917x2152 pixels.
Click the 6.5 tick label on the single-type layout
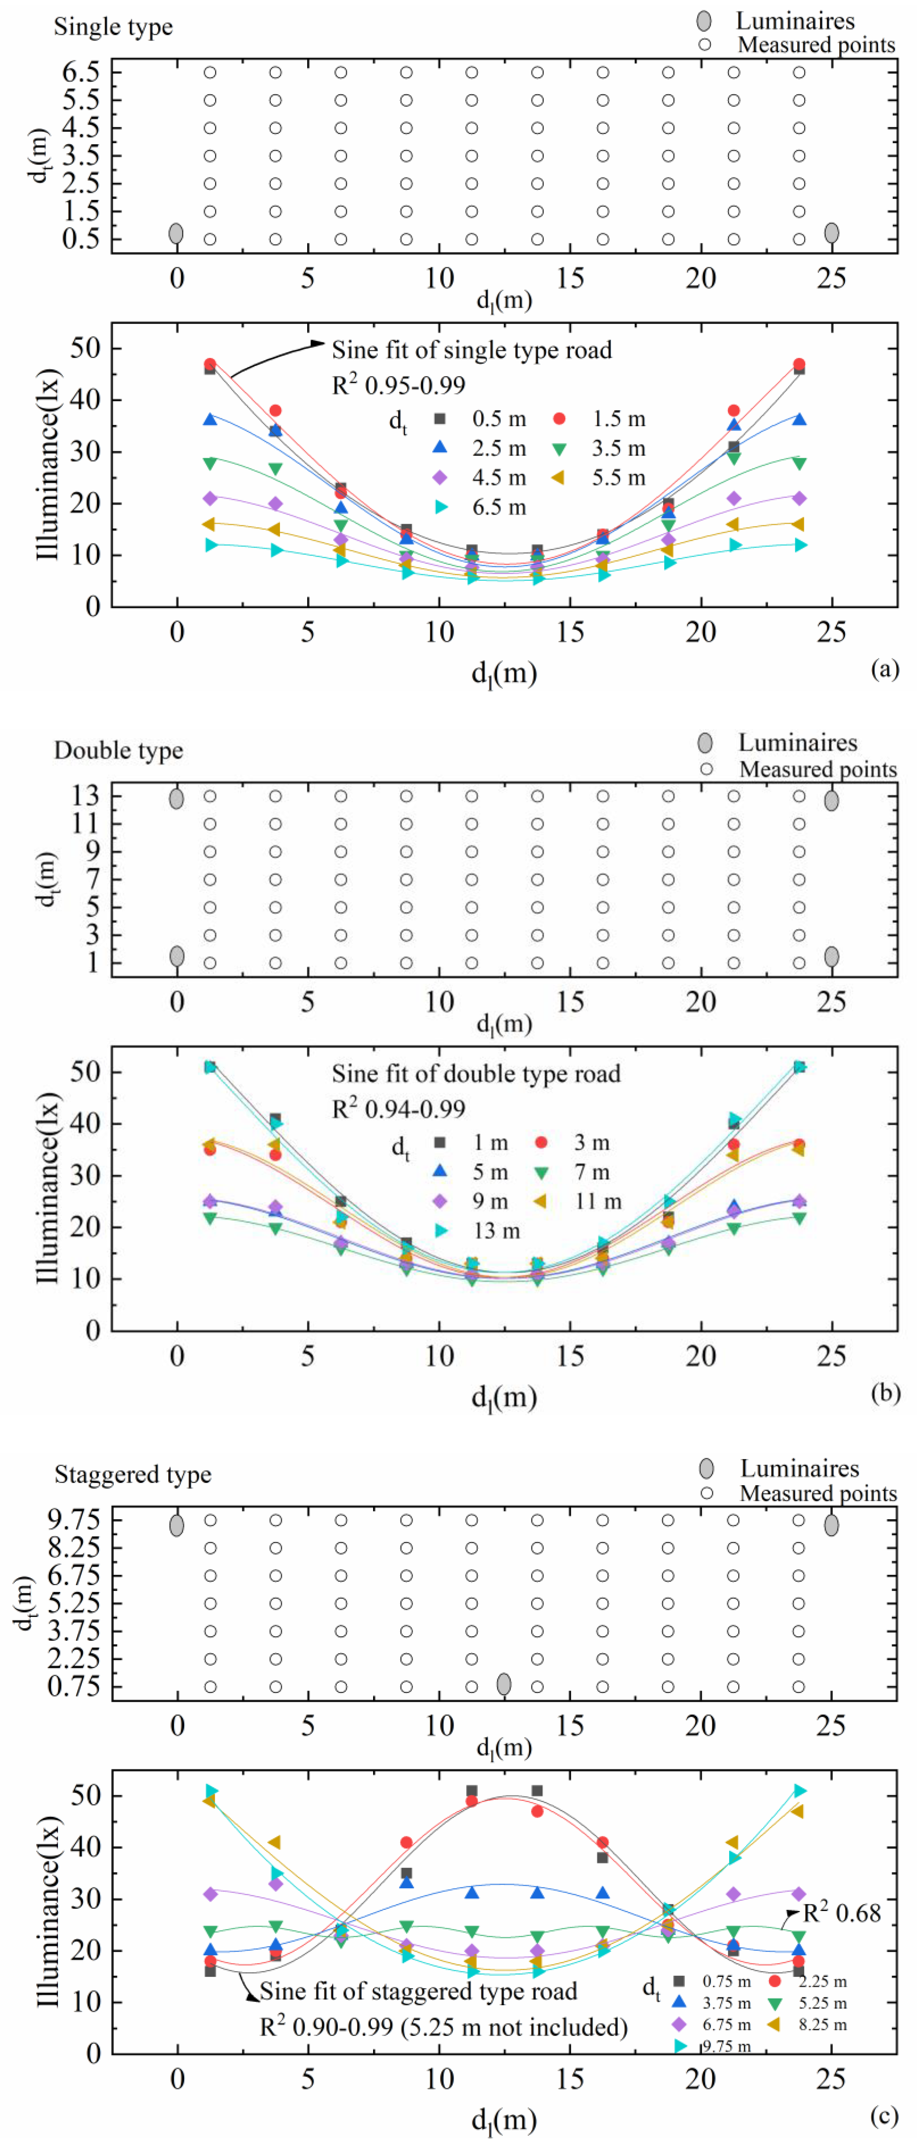pyautogui.click(x=80, y=72)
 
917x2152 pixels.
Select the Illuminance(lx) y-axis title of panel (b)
pyautogui.click(x=48, y=1188)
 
